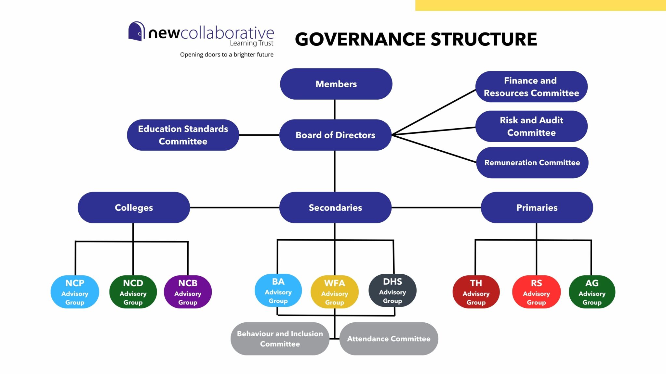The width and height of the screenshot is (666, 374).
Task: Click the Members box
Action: (x=336, y=84)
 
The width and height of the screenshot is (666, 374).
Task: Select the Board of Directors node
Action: (x=335, y=135)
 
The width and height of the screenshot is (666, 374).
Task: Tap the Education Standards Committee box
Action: (x=183, y=135)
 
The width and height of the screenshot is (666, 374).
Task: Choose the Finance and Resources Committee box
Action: (x=531, y=87)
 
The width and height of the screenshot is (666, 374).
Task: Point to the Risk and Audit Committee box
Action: (x=531, y=126)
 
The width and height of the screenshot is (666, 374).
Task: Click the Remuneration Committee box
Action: (x=532, y=162)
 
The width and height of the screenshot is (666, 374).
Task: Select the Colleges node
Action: (x=134, y=207)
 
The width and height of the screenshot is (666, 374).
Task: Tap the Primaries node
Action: (x=537, y=207)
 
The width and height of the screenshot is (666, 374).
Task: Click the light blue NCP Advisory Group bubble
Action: (x=75, y=292)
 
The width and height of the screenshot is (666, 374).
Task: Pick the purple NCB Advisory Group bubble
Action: (x=188, y=292)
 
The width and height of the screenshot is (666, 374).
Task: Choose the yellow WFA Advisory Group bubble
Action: (x=335, y=292)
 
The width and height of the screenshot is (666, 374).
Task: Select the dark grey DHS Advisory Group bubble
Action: (x=393, y=291)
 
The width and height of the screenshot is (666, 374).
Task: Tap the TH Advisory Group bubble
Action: (x=476, y=292)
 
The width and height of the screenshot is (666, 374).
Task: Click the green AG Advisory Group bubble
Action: (x=592, y=292)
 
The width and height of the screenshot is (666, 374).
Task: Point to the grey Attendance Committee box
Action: (x=389, y=339)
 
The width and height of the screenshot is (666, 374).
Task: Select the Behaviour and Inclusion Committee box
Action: (x=280, y=339)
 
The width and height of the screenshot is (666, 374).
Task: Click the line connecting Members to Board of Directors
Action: (x=335, y=109)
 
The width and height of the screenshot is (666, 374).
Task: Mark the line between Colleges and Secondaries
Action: (x=234, y=207)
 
